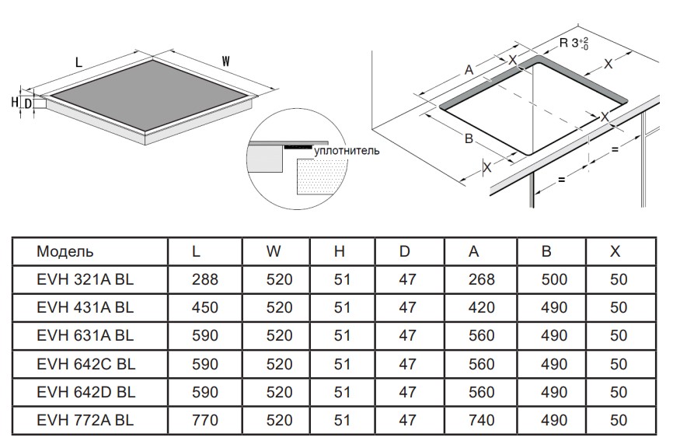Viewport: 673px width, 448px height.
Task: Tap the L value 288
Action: [205, 279]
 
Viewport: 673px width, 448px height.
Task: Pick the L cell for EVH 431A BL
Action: [205, 307]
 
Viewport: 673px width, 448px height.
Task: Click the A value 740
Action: [482, 420]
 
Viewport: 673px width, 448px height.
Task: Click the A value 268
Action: [482, 279]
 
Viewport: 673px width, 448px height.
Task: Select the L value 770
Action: [205, 420]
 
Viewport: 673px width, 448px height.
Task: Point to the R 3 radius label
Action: [574, 44]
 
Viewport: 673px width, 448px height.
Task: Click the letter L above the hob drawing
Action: [79, 61]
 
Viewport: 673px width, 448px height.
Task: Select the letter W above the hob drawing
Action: [225, 61]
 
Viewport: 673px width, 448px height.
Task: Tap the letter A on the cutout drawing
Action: [469, 70]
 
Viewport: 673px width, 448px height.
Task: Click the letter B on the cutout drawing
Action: [469, 138]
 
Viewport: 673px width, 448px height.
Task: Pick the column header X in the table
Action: [615, 251]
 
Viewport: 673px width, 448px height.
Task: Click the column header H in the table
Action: [340, 251]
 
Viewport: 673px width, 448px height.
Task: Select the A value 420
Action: [482, 307]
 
